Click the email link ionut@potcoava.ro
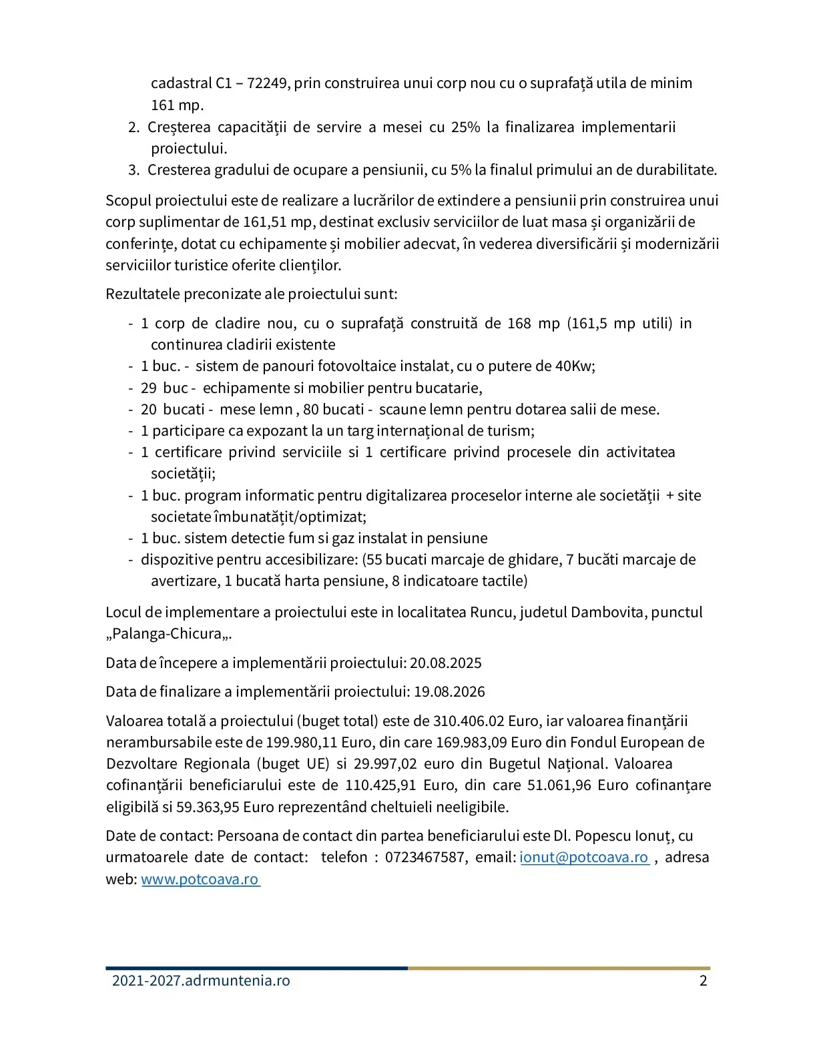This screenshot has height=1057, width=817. [x=584, y=857]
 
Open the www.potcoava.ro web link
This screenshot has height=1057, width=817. [x=200, y=879]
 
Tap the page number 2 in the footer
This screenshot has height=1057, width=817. [x=703, y=980]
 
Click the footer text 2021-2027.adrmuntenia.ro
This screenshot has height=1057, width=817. [x=201, y=980]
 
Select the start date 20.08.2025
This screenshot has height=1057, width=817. [x=445, y=663]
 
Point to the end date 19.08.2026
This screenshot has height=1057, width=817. [x=449, y=691]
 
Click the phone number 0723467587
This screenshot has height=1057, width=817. [x=426, y=857]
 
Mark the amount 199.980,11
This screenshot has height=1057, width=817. [x=302, y=742]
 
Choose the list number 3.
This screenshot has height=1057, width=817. [x=133, y=169]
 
